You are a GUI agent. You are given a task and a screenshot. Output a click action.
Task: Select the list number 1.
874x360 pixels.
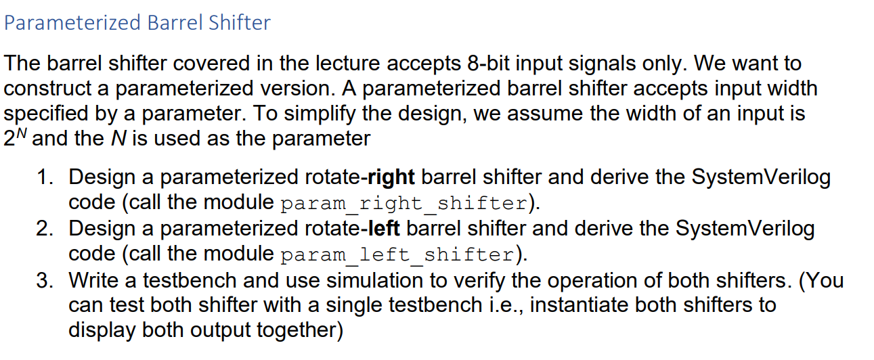pyautogui.click(x=45, y=177)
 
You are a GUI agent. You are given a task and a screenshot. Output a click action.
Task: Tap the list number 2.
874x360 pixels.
pyautogui.click(x=45, y=229)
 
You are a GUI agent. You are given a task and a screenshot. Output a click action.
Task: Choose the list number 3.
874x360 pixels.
pyautogui.click(x=45, y=279)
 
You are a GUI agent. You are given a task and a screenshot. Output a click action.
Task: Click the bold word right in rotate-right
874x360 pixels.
pyautogui.click(x=391, y=177)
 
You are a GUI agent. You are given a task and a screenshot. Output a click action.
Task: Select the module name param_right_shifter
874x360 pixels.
pyautogui.click(x=403, y=203)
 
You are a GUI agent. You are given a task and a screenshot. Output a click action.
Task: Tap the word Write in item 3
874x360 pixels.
pyautogui.click(x=91, y=279)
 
